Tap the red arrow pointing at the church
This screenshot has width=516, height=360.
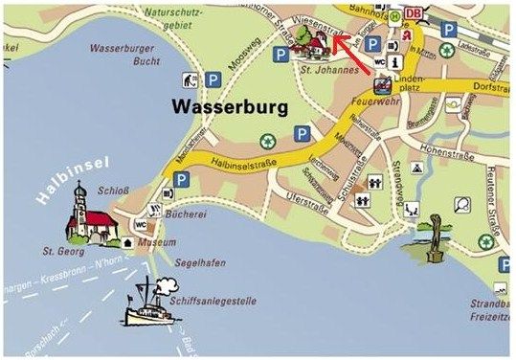[353, 56]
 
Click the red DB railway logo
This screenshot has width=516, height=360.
[415, 12]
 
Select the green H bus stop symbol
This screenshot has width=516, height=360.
[395, 16]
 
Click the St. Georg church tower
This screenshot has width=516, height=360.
[82, 202]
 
